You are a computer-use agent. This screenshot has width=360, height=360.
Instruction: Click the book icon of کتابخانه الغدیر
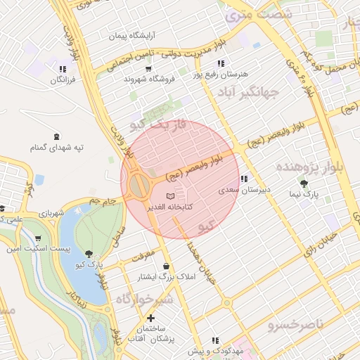(x=169, y=196)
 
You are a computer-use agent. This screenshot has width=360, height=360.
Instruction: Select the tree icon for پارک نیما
(x=304, y=184)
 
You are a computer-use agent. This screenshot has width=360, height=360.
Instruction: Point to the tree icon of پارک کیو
(x=88, y=254)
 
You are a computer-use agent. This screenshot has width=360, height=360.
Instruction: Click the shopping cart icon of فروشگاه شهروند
(x=148, y=69)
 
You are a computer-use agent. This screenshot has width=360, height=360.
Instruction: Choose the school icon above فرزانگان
(x=63, y=70)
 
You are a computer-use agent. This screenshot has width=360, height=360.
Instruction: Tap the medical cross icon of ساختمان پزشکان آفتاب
(x=151, y=319)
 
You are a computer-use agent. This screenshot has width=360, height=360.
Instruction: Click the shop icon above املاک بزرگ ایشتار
(x=166, y=266)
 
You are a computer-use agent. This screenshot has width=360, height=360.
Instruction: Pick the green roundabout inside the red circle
(x=139, y=186)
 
